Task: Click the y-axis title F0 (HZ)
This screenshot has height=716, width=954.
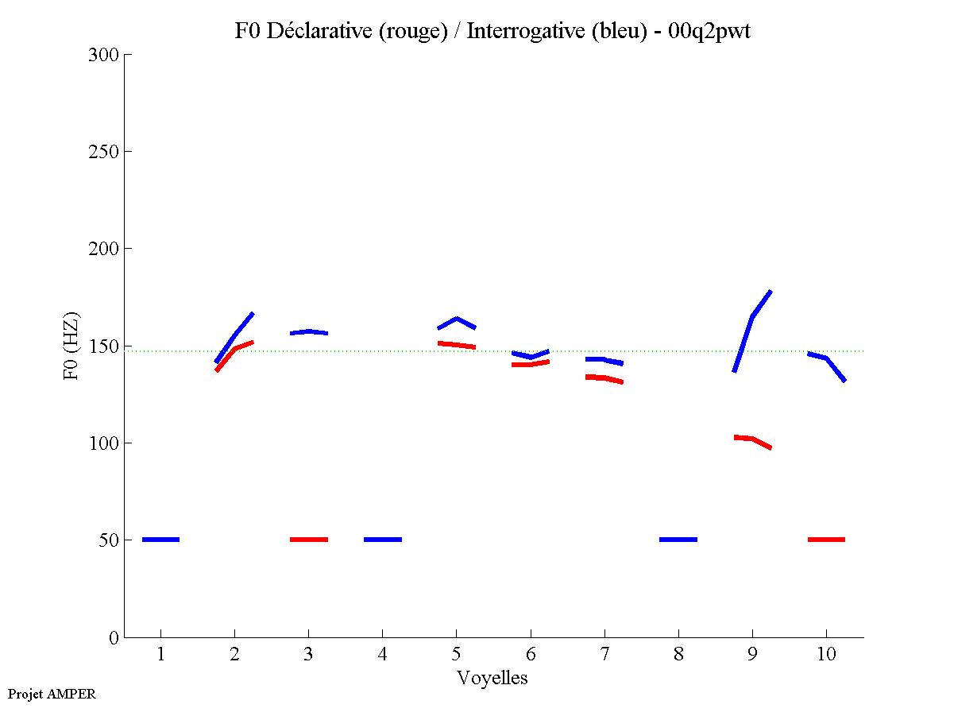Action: pos(71,346)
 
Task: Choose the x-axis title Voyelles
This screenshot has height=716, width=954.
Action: pos(492,678)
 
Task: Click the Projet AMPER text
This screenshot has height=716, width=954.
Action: pos(52,694)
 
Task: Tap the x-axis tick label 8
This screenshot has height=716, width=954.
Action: pos(678,655)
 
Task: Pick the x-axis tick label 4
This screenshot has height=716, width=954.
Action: pos(382,655)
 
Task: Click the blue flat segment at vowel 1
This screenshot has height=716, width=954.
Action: pos(160,540)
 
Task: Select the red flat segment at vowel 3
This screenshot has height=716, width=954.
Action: pos(308,540)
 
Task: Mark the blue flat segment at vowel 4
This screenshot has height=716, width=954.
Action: pos(382,540)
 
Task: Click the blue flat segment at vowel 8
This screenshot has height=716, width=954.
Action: pos(678,540)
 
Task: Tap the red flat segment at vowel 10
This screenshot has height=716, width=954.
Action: pos(826,540)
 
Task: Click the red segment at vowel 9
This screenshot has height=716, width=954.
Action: pos(751,439)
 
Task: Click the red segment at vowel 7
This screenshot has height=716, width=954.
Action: pos(604,377)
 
